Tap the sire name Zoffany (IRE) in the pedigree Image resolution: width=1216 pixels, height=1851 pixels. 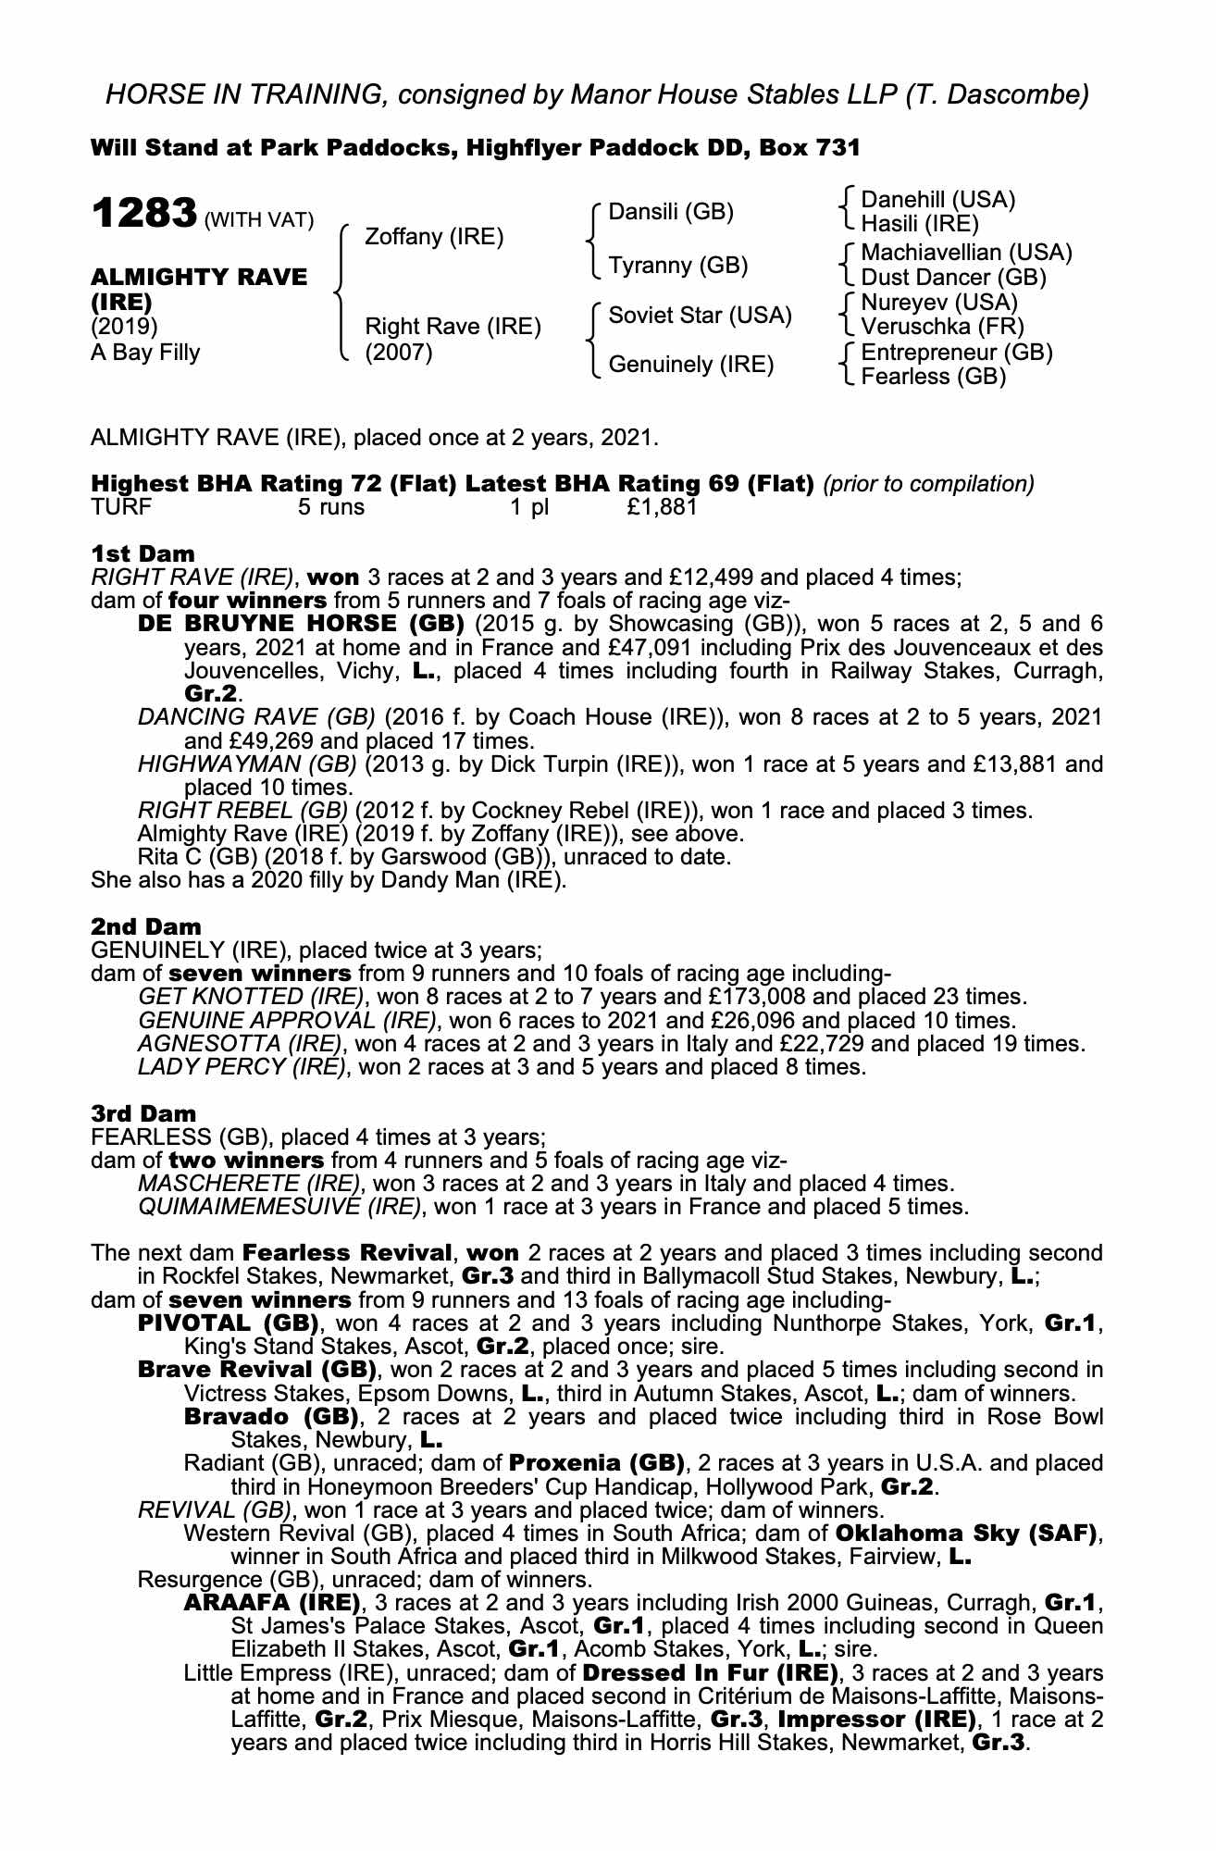click(x=434, y=237)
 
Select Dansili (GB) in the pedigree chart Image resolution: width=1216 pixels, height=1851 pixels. click(x=670, y=212)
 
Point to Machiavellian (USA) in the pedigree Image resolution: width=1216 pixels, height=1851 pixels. click(x=965, y=253)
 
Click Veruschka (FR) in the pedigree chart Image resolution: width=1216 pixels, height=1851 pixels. click(x=941, y=327)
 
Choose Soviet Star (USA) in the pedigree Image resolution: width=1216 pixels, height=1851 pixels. click(x=700, y=316)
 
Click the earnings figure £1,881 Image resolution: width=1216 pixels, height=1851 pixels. click(x=661, y=507)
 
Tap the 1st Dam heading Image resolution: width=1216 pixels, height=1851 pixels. click(x=143, y=553)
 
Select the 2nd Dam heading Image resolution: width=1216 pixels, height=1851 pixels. click(x=145, y=926)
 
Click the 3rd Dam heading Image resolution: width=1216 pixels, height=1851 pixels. click(x=144, y=1113)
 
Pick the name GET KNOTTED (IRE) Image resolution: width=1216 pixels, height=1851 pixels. click(x=249, y=997)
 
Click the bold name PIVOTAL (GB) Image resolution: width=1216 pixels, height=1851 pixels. click(x=228, y=1323)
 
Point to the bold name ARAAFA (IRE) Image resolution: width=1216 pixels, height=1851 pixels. click(x=271, y=1603)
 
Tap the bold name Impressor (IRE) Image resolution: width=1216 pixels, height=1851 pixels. click(x=876, y=1720)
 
